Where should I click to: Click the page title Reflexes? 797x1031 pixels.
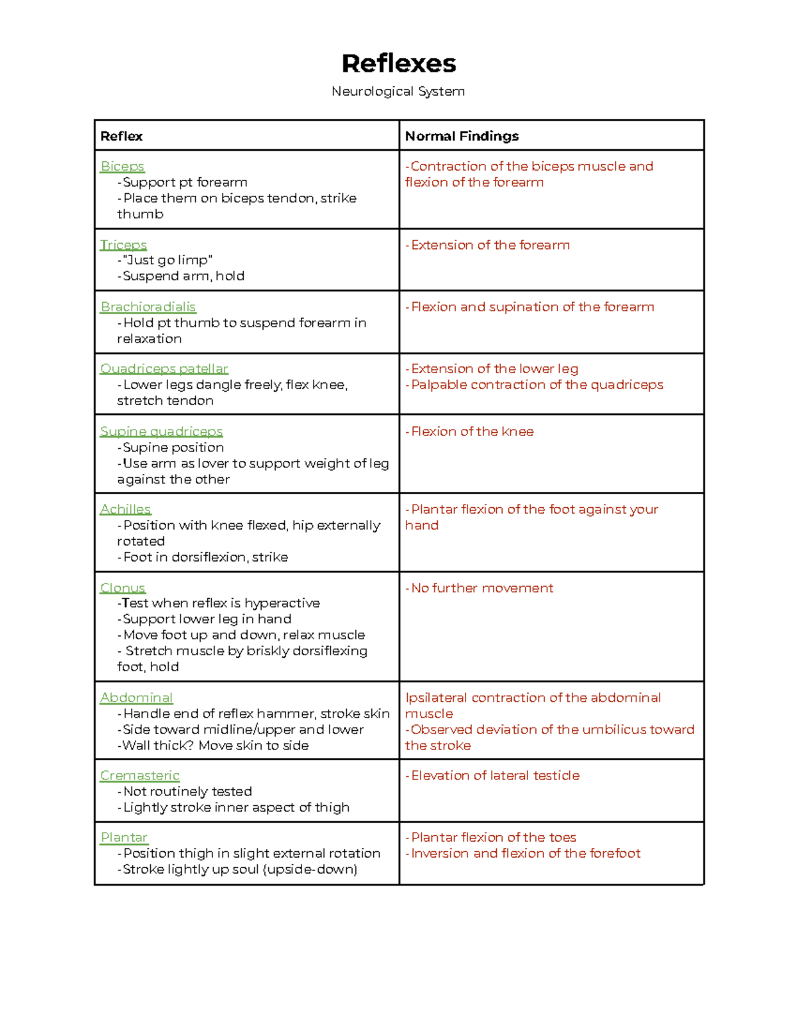[398, 64]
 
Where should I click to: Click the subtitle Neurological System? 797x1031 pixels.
[398, 92]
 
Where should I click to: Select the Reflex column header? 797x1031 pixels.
[122, 136]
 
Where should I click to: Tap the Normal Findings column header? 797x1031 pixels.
[462, 136]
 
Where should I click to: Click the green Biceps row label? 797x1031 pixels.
[122, 167]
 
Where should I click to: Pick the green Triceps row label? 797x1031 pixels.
[124, 245]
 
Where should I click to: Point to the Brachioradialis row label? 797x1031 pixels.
[148, 307]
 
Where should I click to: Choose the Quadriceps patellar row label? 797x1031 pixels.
[164, 368]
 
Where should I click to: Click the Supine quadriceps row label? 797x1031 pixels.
[161, 432]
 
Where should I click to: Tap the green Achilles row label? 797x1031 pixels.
[126, 509]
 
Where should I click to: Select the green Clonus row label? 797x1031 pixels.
[123, 588]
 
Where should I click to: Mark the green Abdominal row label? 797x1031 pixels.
[136, 698]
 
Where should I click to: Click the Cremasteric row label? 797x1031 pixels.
[140, 775]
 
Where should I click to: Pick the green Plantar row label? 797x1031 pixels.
[124, 837]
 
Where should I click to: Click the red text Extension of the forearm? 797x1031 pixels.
[489, 245]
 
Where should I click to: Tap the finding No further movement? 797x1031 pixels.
[482, 588]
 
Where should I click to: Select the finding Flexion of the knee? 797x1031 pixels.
[472, 432]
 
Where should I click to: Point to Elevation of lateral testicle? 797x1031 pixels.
[495, 775]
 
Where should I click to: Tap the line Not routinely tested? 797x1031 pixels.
[187, 791]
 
